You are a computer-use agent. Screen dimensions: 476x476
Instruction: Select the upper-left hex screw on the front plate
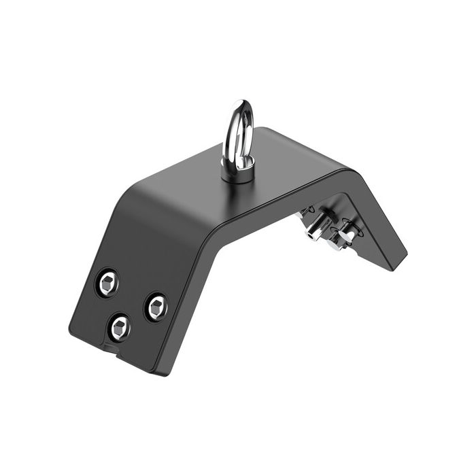pyautogui.click(x=107, y=283)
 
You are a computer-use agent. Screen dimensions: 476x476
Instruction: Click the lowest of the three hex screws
pyautogui.click(x=120, y=328)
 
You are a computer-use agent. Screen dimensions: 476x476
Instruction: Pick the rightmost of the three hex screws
pyautogui.click(x=156, y=307)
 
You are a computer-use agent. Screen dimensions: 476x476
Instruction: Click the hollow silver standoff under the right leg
pyautogui.click(x=314, y=230)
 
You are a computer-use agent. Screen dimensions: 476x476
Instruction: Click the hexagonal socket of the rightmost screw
pyautogui.click(x=156, y=307)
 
